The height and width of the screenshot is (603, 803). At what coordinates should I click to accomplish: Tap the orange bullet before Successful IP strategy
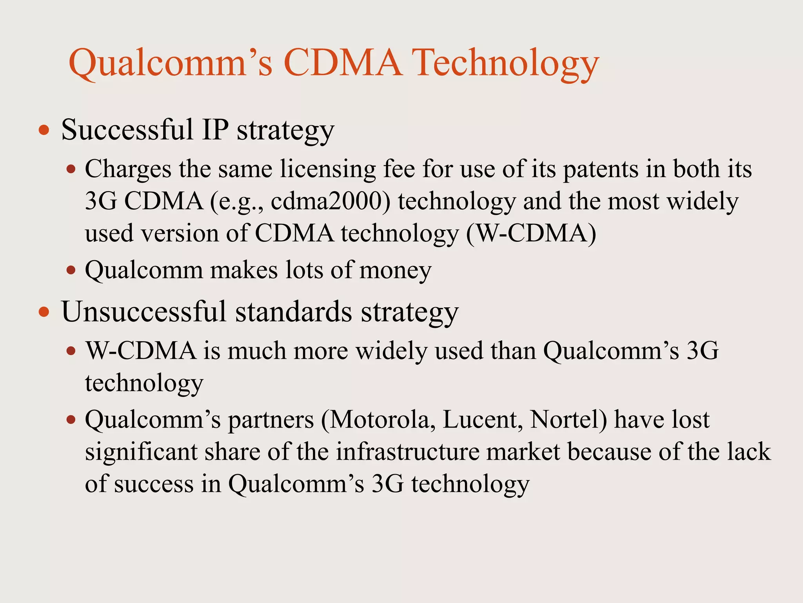click(x=44, y=130)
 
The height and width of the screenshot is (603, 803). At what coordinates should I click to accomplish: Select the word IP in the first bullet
click(x=215, y=130)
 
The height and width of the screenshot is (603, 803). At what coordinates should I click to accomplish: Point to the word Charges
click(x=128, y=170)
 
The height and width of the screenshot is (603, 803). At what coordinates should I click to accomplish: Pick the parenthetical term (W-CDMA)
click(x=531, y=234)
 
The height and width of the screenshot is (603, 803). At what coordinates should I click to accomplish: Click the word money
click(x=395, y=271)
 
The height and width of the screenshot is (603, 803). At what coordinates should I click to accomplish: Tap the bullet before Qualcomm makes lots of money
click(x=71, y=270)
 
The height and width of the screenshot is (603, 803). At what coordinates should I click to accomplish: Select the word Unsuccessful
click(x=144, y=312)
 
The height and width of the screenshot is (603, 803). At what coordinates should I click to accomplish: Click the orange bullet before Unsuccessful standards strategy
click(x=44, y=312)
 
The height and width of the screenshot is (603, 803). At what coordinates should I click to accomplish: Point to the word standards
click(x=293, y=312)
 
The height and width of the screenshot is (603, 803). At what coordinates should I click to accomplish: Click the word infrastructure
click(x=407, y=452)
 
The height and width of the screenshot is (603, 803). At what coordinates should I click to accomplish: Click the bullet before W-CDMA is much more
click(x=71, y=351)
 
